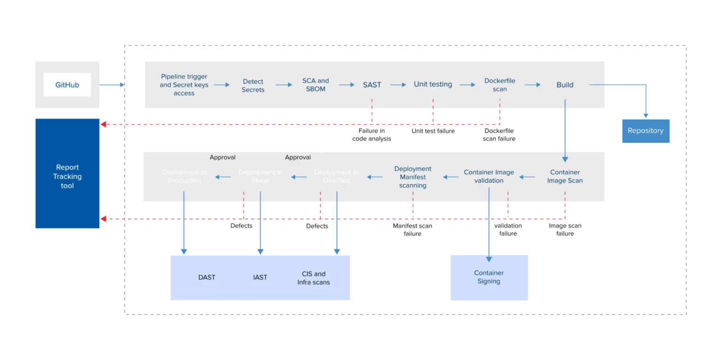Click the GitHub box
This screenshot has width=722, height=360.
pyautogui.click(x=67, y=85)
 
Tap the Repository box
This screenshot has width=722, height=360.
pyautogui.click(x=645, y=131)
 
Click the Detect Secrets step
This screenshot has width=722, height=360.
pyautogui.click(x=253, y=85)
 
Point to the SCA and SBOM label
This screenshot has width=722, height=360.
pyautogui.click(x=315, y=85)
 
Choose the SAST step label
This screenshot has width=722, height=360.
pyautogui.click(x=372, y=85)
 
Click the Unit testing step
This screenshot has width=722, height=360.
pyautogui.click(x=432, y=85)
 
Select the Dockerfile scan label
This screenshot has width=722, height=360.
pyautogui.click(x=500, y=85)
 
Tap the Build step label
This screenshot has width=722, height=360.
pyautogui.click(x=565, y=85)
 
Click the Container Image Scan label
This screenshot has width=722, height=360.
pyautogui.click(x=565, y=176)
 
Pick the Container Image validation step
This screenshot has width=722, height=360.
pyautogui.click(x=489, y=176)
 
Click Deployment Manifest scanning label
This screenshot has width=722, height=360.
pyautogui.click(x=413, y=177)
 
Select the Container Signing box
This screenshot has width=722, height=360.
pyautogui.click(x=489, y=277)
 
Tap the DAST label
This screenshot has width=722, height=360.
pyautogui.click(x=206, y=277)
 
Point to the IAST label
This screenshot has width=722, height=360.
pyautogui.click(x=260, y=277)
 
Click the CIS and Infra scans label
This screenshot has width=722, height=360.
pyautogui.click(x=314, y=278)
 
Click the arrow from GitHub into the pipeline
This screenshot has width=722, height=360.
pyautogui.click(x=112, y=85)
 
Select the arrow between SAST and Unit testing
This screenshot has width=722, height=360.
pyautogui.click(x=398, y=85)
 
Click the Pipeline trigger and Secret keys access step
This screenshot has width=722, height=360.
pyautogui.click(x=184, y=85)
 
